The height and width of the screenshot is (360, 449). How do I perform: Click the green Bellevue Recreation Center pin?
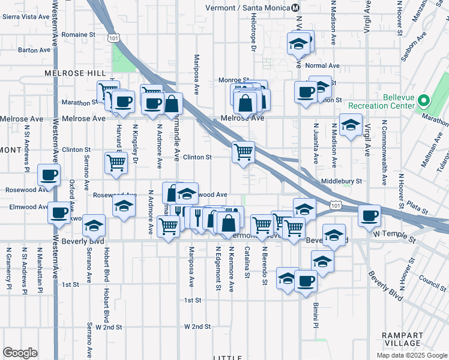(x=424, y=100)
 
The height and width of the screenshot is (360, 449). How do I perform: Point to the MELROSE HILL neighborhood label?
(x=70, y=73)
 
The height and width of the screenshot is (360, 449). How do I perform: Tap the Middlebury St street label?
(x=342, y=181)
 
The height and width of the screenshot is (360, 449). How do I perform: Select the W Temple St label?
(x=394, y=239)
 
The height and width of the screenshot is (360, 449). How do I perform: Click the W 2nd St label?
(x=198, y=327)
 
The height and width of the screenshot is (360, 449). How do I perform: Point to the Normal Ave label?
(x=322, y=65)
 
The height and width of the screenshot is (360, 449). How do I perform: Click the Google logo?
(x=20, y=352)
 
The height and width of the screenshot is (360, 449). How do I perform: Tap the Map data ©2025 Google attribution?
(x=412, y=355)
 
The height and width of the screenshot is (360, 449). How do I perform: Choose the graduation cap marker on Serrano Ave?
(x=93, y=225)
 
